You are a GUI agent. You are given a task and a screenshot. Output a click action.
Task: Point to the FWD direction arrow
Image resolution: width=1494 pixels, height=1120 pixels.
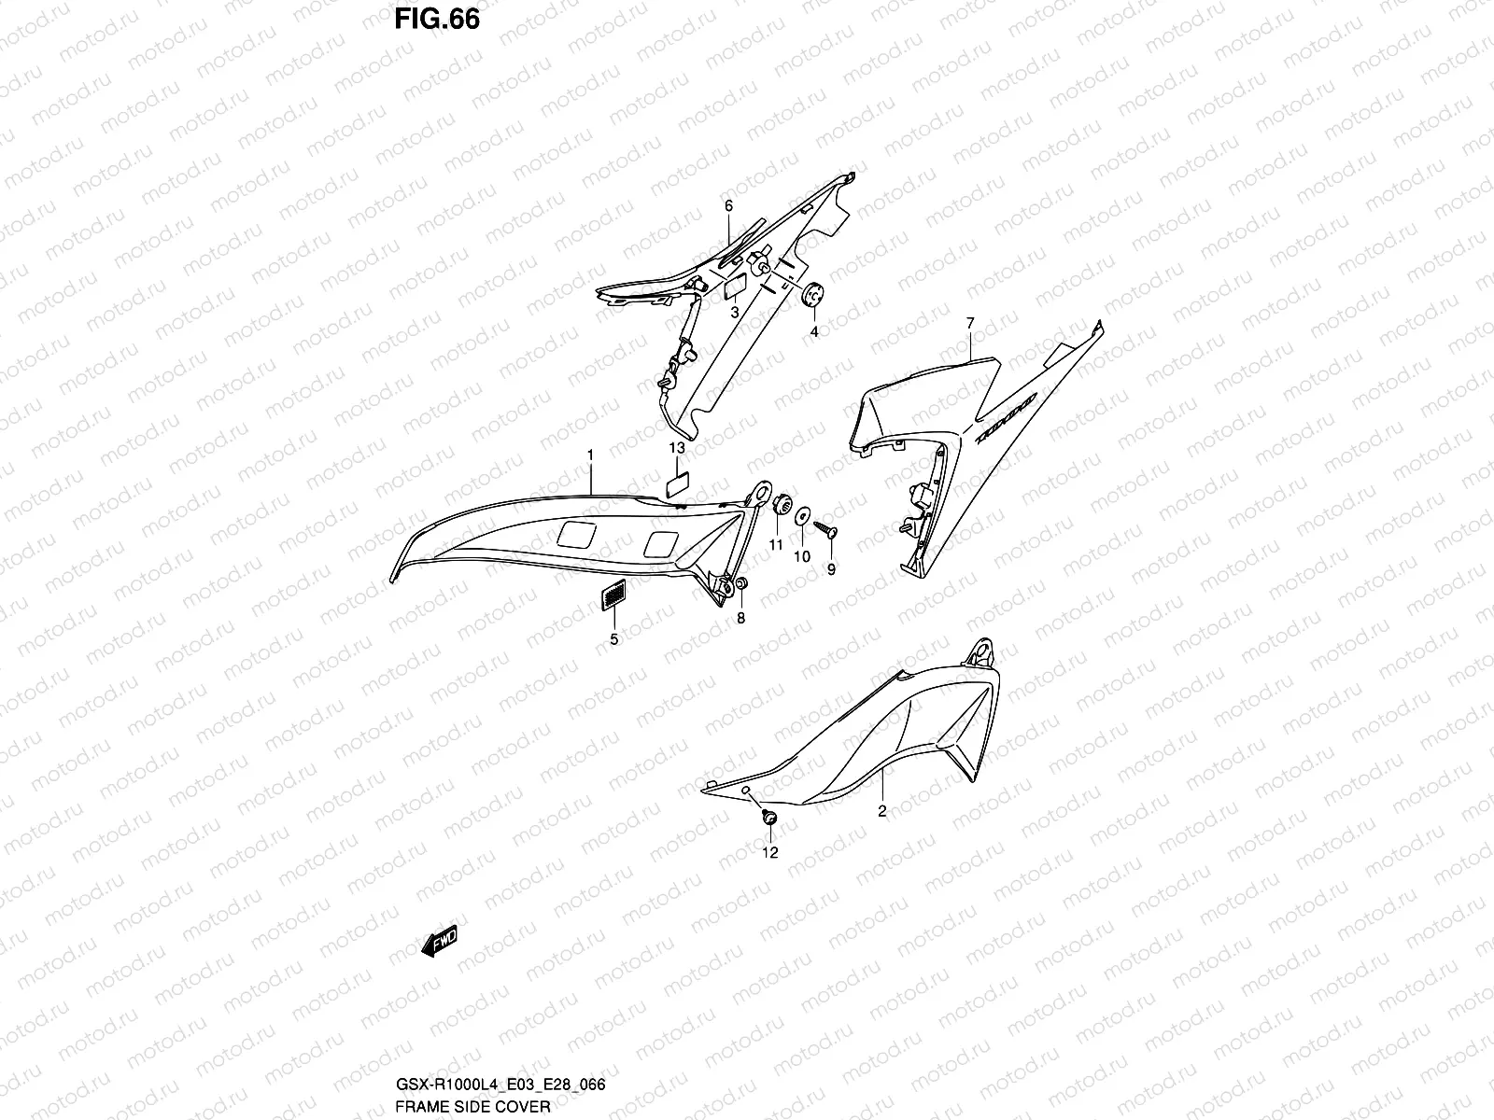440,945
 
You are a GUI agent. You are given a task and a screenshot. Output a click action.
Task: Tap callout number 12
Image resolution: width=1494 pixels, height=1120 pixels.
769,852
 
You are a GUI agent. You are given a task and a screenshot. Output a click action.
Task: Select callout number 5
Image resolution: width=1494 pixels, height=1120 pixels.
613,639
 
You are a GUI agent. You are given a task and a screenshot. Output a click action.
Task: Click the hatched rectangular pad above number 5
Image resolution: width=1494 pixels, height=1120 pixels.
613,595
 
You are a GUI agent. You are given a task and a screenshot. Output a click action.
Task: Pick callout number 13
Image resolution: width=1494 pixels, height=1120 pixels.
677,449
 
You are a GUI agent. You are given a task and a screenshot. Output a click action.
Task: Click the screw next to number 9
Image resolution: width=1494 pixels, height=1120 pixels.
826,530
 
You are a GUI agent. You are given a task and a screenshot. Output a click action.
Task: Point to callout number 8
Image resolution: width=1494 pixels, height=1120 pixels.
741,618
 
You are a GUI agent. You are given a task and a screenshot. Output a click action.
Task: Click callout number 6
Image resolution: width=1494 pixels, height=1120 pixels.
728,205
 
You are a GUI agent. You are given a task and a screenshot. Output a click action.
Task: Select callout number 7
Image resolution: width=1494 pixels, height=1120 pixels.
970,323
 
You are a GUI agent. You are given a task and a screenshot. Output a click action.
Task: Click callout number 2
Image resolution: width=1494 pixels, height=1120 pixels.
882,811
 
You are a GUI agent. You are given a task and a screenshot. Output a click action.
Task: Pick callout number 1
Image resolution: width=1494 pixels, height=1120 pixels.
590,454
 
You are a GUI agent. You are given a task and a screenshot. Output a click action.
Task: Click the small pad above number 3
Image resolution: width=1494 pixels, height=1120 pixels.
734,286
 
